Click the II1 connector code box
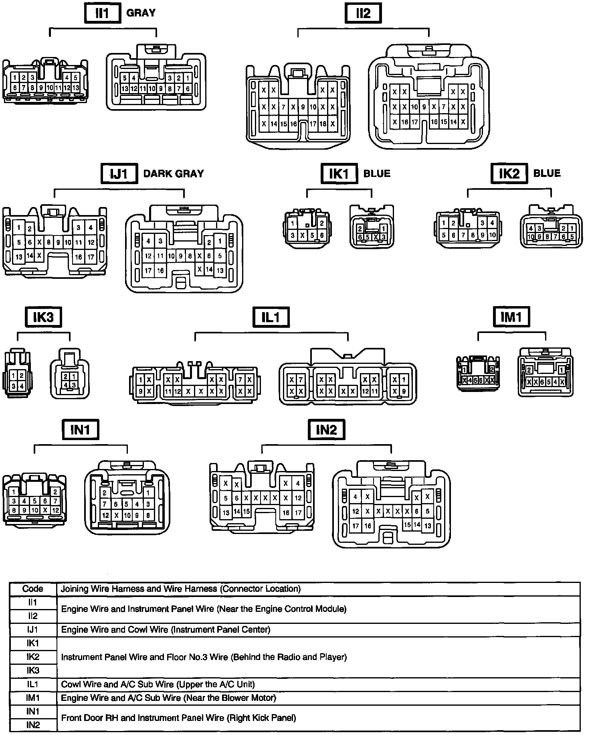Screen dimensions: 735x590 click(x=102, y=14)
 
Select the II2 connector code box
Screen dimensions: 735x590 click(x=363, y=14)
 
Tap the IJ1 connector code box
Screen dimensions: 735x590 click(x=119, y=174)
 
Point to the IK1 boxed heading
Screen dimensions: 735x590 click(x=339, y=174)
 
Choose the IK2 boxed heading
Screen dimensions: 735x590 click(x=509, y=173)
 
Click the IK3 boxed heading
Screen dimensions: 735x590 click(x=44, y=318)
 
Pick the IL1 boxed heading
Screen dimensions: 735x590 click(x=271, y=318)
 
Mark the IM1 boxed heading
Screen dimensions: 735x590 click(x=511, y=317)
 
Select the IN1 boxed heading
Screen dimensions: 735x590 click(x=80, y=430)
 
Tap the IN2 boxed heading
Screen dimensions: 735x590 click(x=326, y=430)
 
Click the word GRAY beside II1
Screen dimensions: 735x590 click(x=141, y=13)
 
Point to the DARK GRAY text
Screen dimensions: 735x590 click(x=174, y=174)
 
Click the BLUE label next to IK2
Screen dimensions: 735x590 click(x=547, y=173)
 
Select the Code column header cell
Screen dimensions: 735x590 click(x=33, y=589)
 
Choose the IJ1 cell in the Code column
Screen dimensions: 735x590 click(x=33, y=629)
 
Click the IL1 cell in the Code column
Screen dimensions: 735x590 click(x=33, y=684)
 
